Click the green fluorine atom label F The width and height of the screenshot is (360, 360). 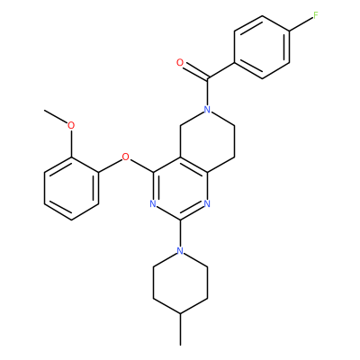pyautogui.click(x=315, y=15)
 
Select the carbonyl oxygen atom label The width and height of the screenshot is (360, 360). pyautogui.click(x=180, y=63)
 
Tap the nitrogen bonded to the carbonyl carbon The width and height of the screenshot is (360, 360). pyautogui.click(x=207, y=109)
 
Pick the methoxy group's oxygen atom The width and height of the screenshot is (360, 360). pyautogui.click(x=71, y=125)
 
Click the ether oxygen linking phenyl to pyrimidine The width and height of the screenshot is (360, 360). pyautogui.click(x=126, y=157)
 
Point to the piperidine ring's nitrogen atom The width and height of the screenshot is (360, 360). pyautogui.click(x=180, y=250)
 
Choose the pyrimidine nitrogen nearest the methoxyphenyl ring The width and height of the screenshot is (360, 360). pyautogui.click(x=153, y=204)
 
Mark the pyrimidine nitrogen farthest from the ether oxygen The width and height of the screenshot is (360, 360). pyautogui.click(x=207, y=204)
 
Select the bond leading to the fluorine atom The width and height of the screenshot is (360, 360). pyautogui.click(x=301, y=23)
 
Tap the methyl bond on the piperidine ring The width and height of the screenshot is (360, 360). pyautogui.click(x=180, y=329)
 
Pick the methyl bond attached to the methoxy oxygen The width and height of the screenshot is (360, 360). pyautogui.click(x=56, y=117)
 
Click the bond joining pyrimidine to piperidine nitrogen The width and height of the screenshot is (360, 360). pyautogui.click(x=180, y=233)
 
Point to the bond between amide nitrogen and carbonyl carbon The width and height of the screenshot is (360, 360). pyautogui.click(x=207, y=93)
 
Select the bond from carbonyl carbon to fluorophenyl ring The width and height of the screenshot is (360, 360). pyautogui.click(x=220, y=71)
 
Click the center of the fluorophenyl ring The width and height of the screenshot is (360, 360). pyautogui.click(x=262, y=47)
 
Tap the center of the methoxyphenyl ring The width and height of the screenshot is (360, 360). pyautogui.click(x=71, y=188)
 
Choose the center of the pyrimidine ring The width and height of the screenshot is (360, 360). pyautogui.click(x=180, y=188)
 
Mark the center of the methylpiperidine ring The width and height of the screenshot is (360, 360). pyautogui.click(x=180, y=282)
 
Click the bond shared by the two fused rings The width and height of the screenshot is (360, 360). pyautogui.click(x=193, y=165)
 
